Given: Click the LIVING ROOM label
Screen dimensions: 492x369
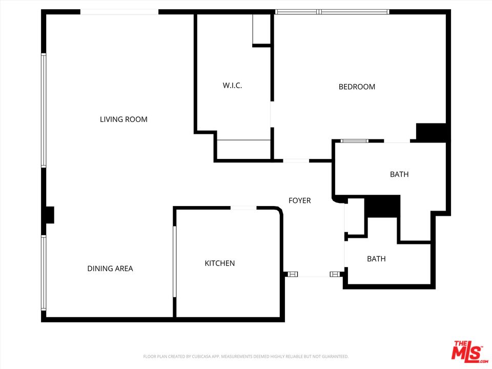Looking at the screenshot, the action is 124,119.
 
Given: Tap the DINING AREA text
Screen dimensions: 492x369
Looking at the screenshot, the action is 110,269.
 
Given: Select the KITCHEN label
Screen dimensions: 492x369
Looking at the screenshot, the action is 220,263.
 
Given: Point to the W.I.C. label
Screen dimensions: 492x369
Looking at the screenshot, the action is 232,86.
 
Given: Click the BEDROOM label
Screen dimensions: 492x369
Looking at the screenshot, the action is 357,87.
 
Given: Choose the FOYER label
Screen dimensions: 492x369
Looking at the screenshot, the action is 300,200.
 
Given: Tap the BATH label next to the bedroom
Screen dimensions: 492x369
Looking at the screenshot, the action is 399,174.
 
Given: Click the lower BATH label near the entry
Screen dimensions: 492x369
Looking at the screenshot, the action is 376,259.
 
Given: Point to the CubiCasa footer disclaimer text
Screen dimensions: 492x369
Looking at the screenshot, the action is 245,357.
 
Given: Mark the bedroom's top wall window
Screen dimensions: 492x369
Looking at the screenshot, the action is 332,12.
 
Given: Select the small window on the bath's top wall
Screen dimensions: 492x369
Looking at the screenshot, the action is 354,141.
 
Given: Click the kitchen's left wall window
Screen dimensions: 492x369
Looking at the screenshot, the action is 175,261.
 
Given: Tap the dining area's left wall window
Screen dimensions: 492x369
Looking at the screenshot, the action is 44,273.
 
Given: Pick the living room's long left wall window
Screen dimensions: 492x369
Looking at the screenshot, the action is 44,110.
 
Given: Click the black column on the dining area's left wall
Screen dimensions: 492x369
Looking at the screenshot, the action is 50,215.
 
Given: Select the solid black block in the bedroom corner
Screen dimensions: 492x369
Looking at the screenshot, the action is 431,132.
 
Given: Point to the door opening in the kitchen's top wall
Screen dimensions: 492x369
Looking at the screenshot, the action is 243,208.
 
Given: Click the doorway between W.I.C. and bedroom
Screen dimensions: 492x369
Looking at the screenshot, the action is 272,114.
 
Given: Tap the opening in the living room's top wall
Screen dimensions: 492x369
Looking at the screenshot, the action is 119,12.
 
